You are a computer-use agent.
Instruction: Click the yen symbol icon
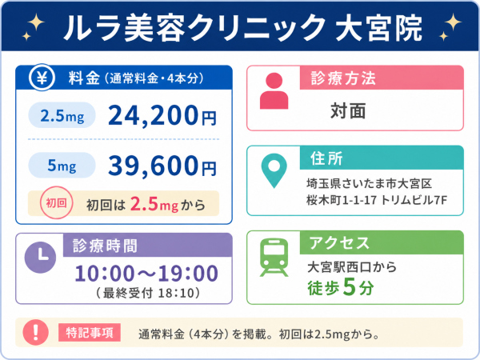[x=42, y=78]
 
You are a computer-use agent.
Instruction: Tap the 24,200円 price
[x=162, y=115]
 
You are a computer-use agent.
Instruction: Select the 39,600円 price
[x=162, y=166]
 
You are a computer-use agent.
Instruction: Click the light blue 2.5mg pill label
[x=62, y=115]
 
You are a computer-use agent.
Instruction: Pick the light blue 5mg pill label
[x=62, y=166]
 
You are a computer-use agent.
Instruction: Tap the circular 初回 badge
[x=56, y=202]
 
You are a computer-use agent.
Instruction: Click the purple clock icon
[x=41, y=257]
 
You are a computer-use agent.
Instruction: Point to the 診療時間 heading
[x=105, y=246]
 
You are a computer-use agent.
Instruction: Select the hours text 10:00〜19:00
[x=146, y=274]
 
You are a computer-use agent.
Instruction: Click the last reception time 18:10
[x=176, y=294]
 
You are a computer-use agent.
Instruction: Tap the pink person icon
[x=274, y=91]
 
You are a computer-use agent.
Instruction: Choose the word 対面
[x=348, y=111]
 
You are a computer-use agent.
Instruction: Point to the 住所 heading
[x=326, y=158]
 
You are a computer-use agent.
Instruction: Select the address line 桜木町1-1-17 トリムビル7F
[x=377, y=200]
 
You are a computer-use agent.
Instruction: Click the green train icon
[x=274, y=258]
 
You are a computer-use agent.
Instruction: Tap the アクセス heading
[x=339, y=243]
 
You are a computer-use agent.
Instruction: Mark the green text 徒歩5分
[x=341, y=287]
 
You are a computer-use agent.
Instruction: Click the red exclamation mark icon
[x=36, y=333]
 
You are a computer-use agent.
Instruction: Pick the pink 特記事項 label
[x=90, y=333]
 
